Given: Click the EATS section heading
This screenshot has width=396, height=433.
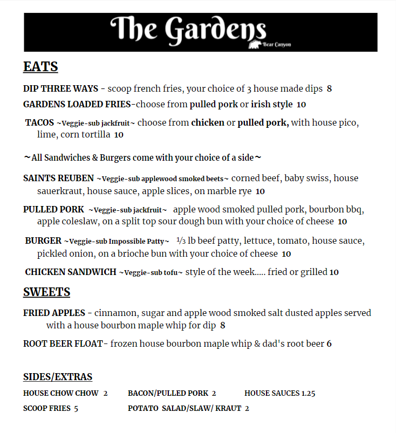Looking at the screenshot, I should (40, 67).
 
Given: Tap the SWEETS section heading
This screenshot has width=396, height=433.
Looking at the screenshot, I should (46, 292).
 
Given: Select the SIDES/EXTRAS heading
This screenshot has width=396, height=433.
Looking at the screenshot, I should (58, 377).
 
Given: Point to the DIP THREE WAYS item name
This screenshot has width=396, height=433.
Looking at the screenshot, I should (60, 88).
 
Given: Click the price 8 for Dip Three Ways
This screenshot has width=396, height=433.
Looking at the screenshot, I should (329, 88).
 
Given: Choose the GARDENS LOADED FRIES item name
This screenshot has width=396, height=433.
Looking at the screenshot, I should (77, 104).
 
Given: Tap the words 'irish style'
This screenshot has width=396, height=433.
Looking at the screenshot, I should (272, 104).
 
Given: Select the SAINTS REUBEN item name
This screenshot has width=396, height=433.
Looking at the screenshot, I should (58, 178).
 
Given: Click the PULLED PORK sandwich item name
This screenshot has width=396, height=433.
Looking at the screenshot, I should (53, 209).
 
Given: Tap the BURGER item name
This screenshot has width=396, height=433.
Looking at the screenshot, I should (43, 240).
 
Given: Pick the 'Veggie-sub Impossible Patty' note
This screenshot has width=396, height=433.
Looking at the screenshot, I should (117, 241).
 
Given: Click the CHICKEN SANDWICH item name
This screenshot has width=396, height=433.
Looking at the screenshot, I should (71, 272).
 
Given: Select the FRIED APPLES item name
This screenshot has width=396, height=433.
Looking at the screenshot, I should (54, 313).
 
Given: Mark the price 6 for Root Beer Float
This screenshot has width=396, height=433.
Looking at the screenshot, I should (329, 344).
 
